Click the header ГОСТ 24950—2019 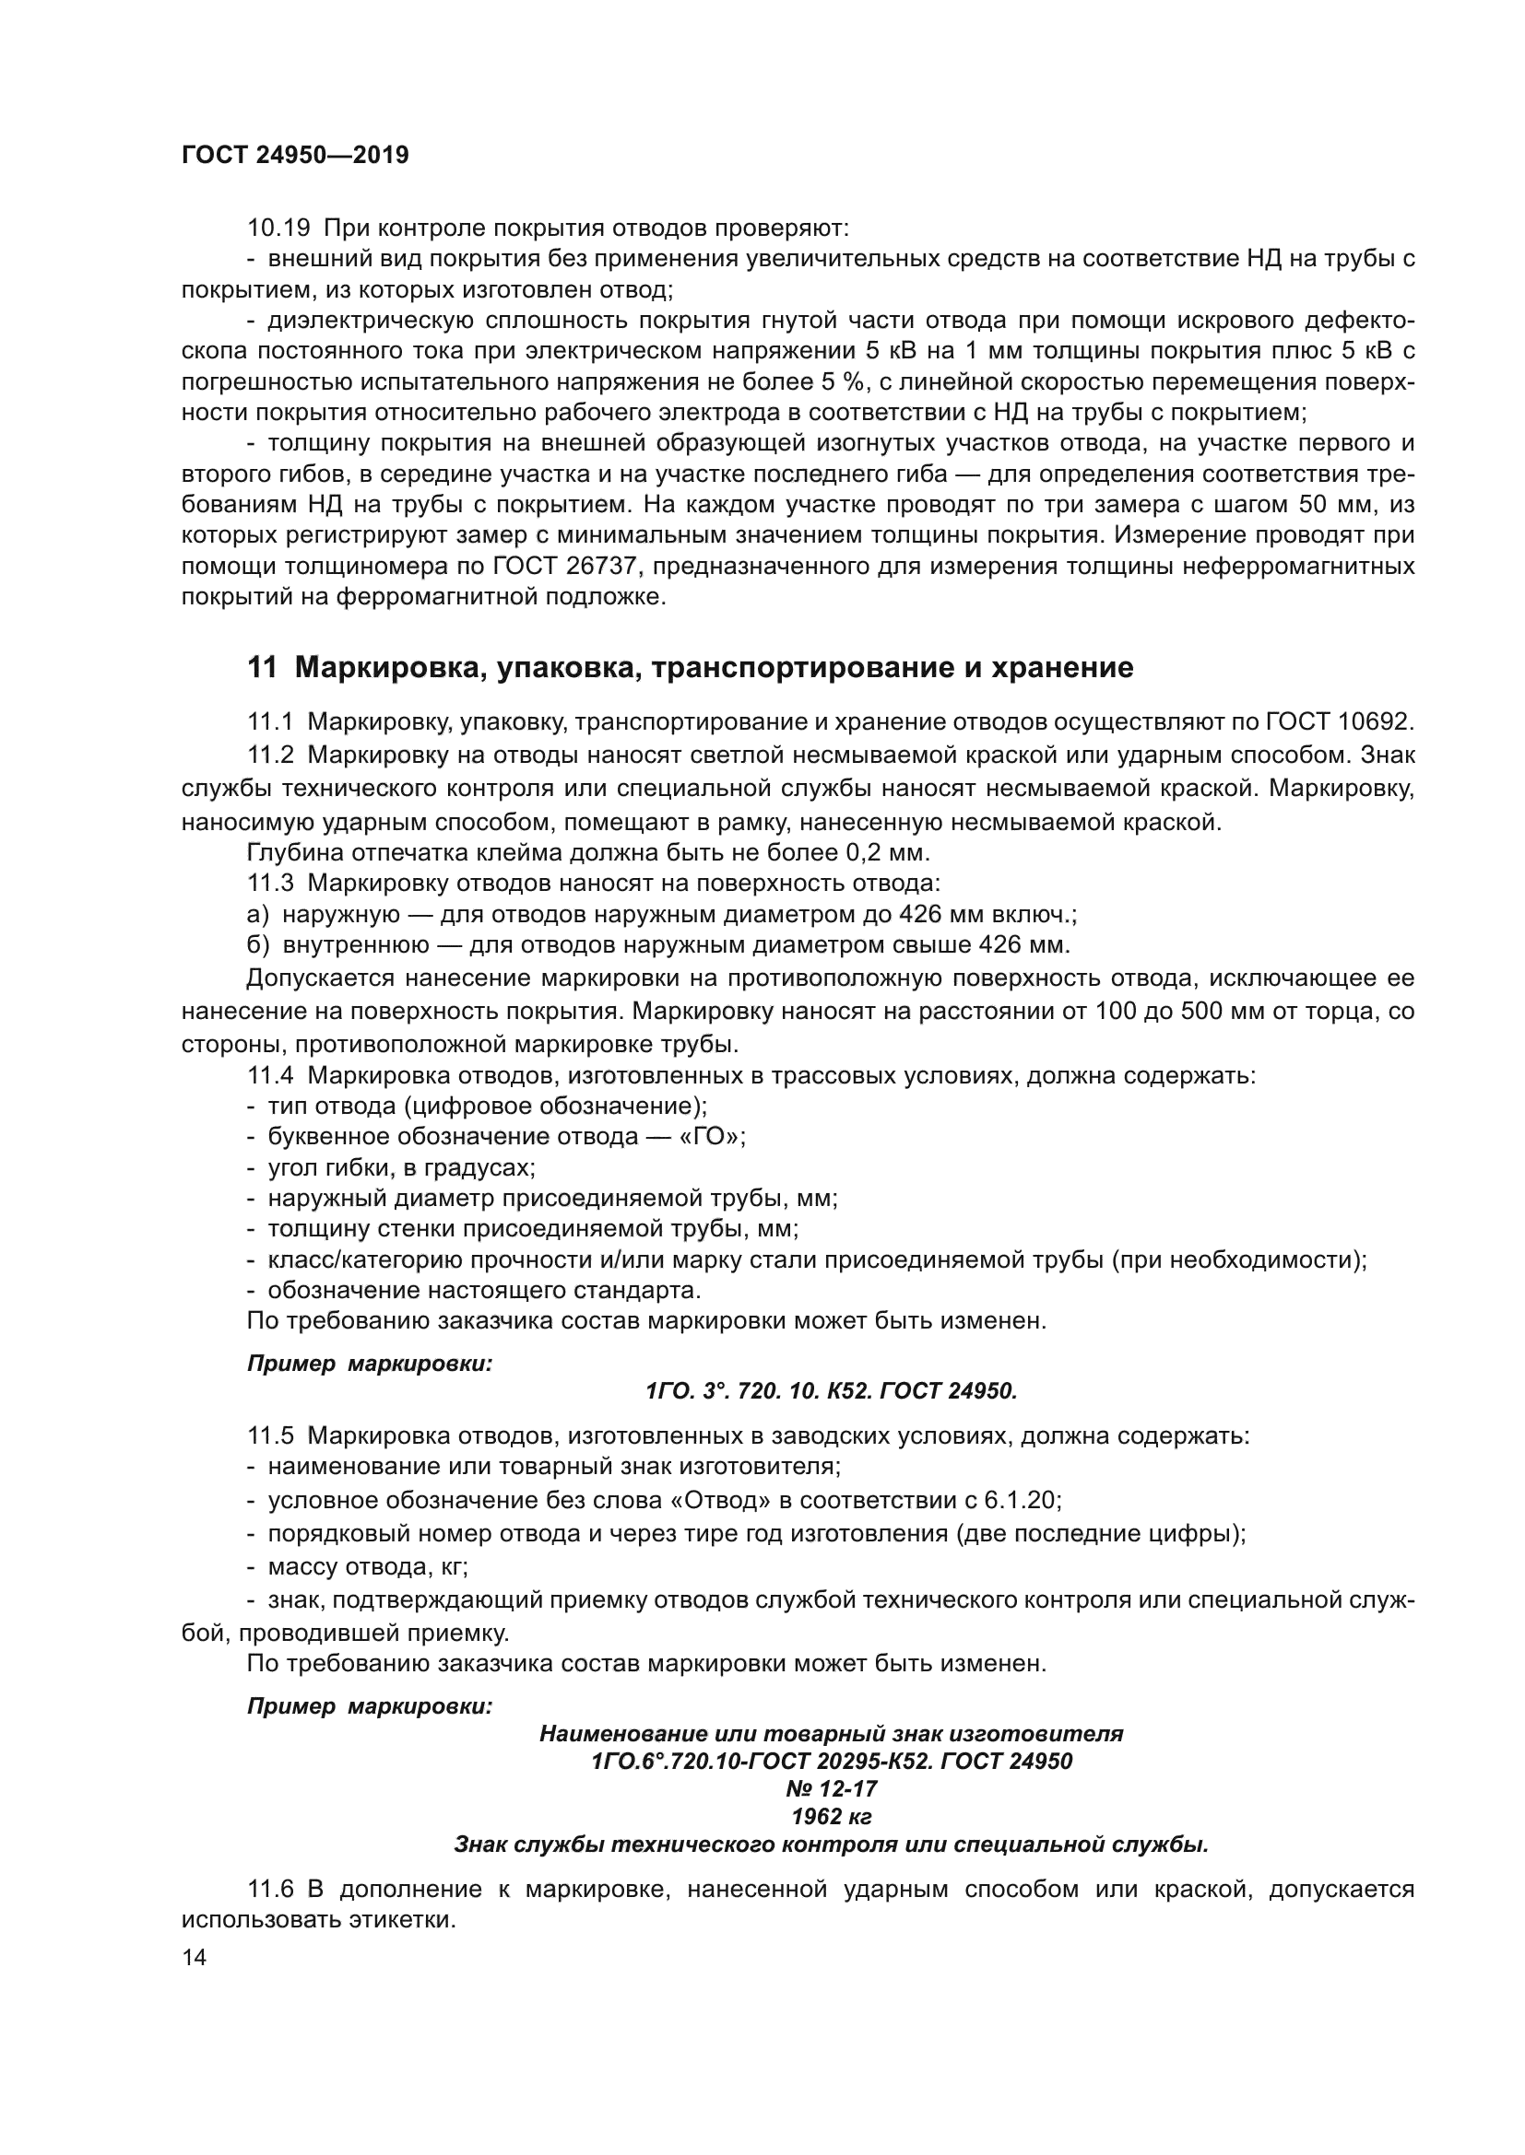pyautogui.click(x=295, y=155)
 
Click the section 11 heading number pyautogui.click(x=262, y=667)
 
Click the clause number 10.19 pyautogui.click(x=278, y=228)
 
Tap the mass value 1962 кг pyautogui.click(x=831, y=1816)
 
